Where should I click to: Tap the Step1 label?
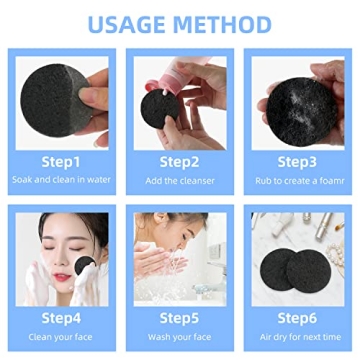tap(60, 161)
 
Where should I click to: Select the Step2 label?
tap(180, 161)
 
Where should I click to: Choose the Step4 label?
tap(60, 319)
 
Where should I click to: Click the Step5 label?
tap(180, 319)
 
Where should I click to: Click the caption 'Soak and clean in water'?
tap(60, 180)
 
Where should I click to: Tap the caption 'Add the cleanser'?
tap(180, 180)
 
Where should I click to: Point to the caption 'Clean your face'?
tap(60, 338)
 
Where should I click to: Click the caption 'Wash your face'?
tap(180, 338)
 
